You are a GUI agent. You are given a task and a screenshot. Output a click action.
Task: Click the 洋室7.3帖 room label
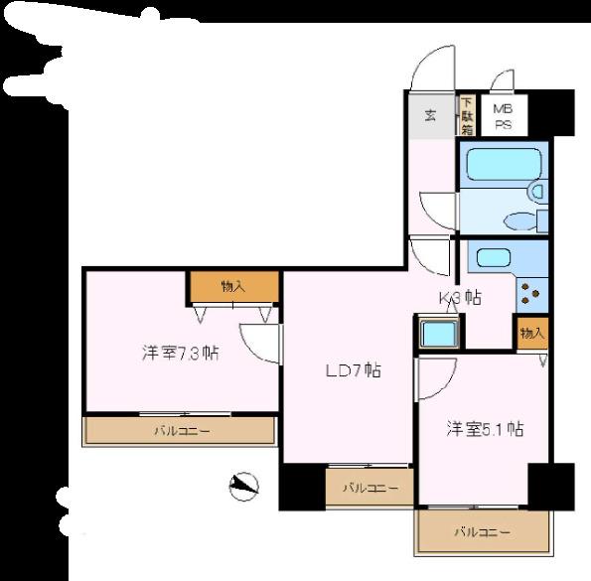(x=179, y=352)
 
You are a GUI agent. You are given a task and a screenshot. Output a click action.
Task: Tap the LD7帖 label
(x=354, y=371)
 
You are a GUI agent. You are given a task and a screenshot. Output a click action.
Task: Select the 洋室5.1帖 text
(x=484, y=429)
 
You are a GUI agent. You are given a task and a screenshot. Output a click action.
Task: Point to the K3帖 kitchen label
(x=460, y=297)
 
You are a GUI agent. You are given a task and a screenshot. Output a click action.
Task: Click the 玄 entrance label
(x=430, y=115)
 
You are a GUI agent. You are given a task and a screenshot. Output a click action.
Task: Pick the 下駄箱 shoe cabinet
(x=465, y=115)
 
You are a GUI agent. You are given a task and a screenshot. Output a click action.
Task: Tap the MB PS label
(x=503, y=115)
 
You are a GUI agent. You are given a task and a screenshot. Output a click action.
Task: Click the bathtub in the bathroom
(x=503, y=164)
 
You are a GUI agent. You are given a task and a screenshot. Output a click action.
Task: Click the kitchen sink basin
(x=494, y=258)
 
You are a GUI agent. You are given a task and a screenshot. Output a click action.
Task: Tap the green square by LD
(x=437, y=334)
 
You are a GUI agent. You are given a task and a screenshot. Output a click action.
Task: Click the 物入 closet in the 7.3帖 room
(x=232, y=286)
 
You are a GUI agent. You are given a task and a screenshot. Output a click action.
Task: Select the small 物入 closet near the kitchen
(x=531, y=334)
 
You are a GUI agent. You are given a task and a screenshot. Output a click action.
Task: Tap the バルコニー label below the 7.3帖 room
(x=181, y=431)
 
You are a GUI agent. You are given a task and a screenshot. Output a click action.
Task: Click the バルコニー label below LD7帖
(x=369, y=488)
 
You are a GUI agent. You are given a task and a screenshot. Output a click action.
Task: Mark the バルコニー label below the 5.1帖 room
(x=483, y=532)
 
